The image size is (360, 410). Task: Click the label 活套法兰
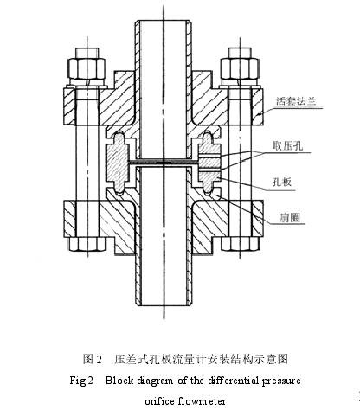click(x=296, y=101)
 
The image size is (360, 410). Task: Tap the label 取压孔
click(x=288, y=145)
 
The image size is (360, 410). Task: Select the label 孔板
click(x=282, y=182)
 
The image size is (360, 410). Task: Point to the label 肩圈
click(x=289, y=217)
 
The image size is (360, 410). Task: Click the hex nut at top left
click(x=87, y=68)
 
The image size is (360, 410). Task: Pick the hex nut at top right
click(x=240, y=68)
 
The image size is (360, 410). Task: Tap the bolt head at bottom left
click(x=87, y=244)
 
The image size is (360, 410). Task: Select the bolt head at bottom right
click(x=240, y=244)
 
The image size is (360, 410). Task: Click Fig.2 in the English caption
click(x=81, y=381)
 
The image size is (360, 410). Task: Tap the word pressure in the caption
click(x=281, y=381)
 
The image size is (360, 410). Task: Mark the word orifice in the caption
click(x=160, y=401)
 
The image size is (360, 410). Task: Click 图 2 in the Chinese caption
click(x=93, y=359)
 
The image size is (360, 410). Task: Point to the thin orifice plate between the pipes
click(x=164, y=163)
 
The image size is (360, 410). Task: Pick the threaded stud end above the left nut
click(x=87, y=53)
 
